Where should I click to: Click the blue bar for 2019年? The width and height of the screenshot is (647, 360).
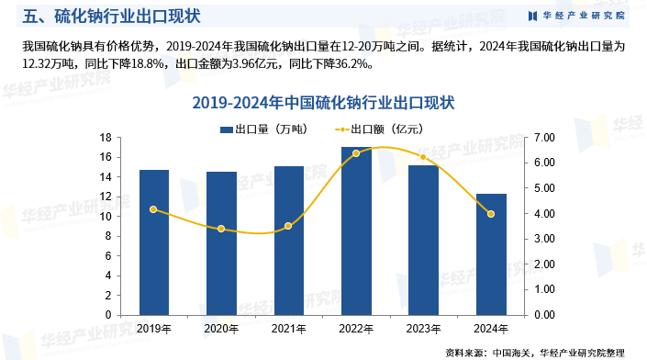154,242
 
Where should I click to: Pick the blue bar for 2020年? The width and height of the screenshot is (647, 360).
221,243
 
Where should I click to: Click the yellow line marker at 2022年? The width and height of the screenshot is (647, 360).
356,153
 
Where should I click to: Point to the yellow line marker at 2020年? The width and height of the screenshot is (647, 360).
221,229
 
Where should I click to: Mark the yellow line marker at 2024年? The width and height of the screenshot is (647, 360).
491,214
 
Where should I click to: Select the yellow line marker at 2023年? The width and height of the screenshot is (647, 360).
423,157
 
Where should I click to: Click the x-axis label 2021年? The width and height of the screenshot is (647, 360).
288,328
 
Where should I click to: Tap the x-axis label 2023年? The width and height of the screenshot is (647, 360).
423,328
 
